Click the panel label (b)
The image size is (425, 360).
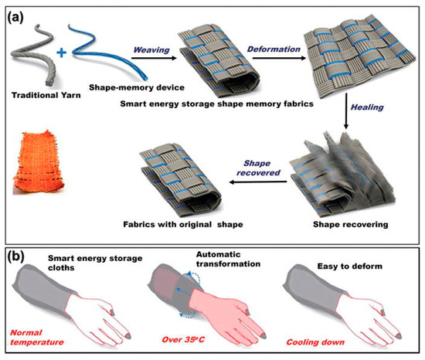click(x=16, y=255)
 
